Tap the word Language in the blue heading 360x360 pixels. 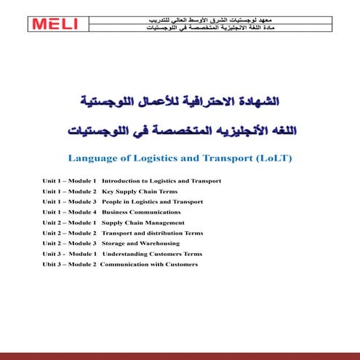click(92, 157)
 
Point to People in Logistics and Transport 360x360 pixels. click(152, 201)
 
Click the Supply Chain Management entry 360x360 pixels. click(143, 223)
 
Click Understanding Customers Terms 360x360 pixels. click(152, 254)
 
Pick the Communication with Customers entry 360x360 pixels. click(148, 264)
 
